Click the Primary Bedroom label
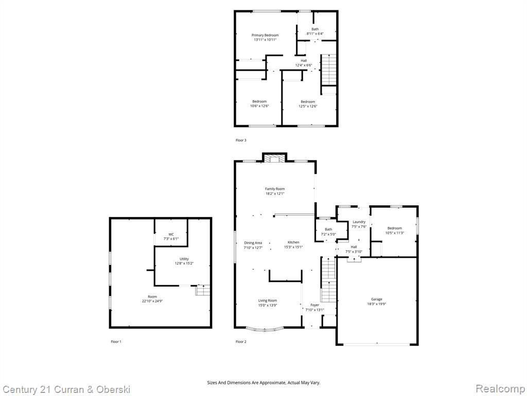pos(265,36)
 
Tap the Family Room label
pos(275,189)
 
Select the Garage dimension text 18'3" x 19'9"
pos(377,304)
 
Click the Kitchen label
pos(293,242)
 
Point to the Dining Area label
pos(253,243)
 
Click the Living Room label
pos(268,301)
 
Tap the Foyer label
pos(315,305)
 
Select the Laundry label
pos(359,222)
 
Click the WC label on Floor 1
pos(171,235)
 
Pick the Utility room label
pos(184,259)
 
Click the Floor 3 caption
pos(241,140)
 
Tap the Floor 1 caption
pos(116,341)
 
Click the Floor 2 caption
pos(241,341)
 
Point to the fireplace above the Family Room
pos(275,158)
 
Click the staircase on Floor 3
pos(328,70)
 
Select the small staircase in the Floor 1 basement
pos(203,290)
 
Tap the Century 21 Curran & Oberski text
pos(66,390)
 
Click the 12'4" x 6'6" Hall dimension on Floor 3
pos(304,65)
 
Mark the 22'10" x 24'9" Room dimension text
pos(152,301)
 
